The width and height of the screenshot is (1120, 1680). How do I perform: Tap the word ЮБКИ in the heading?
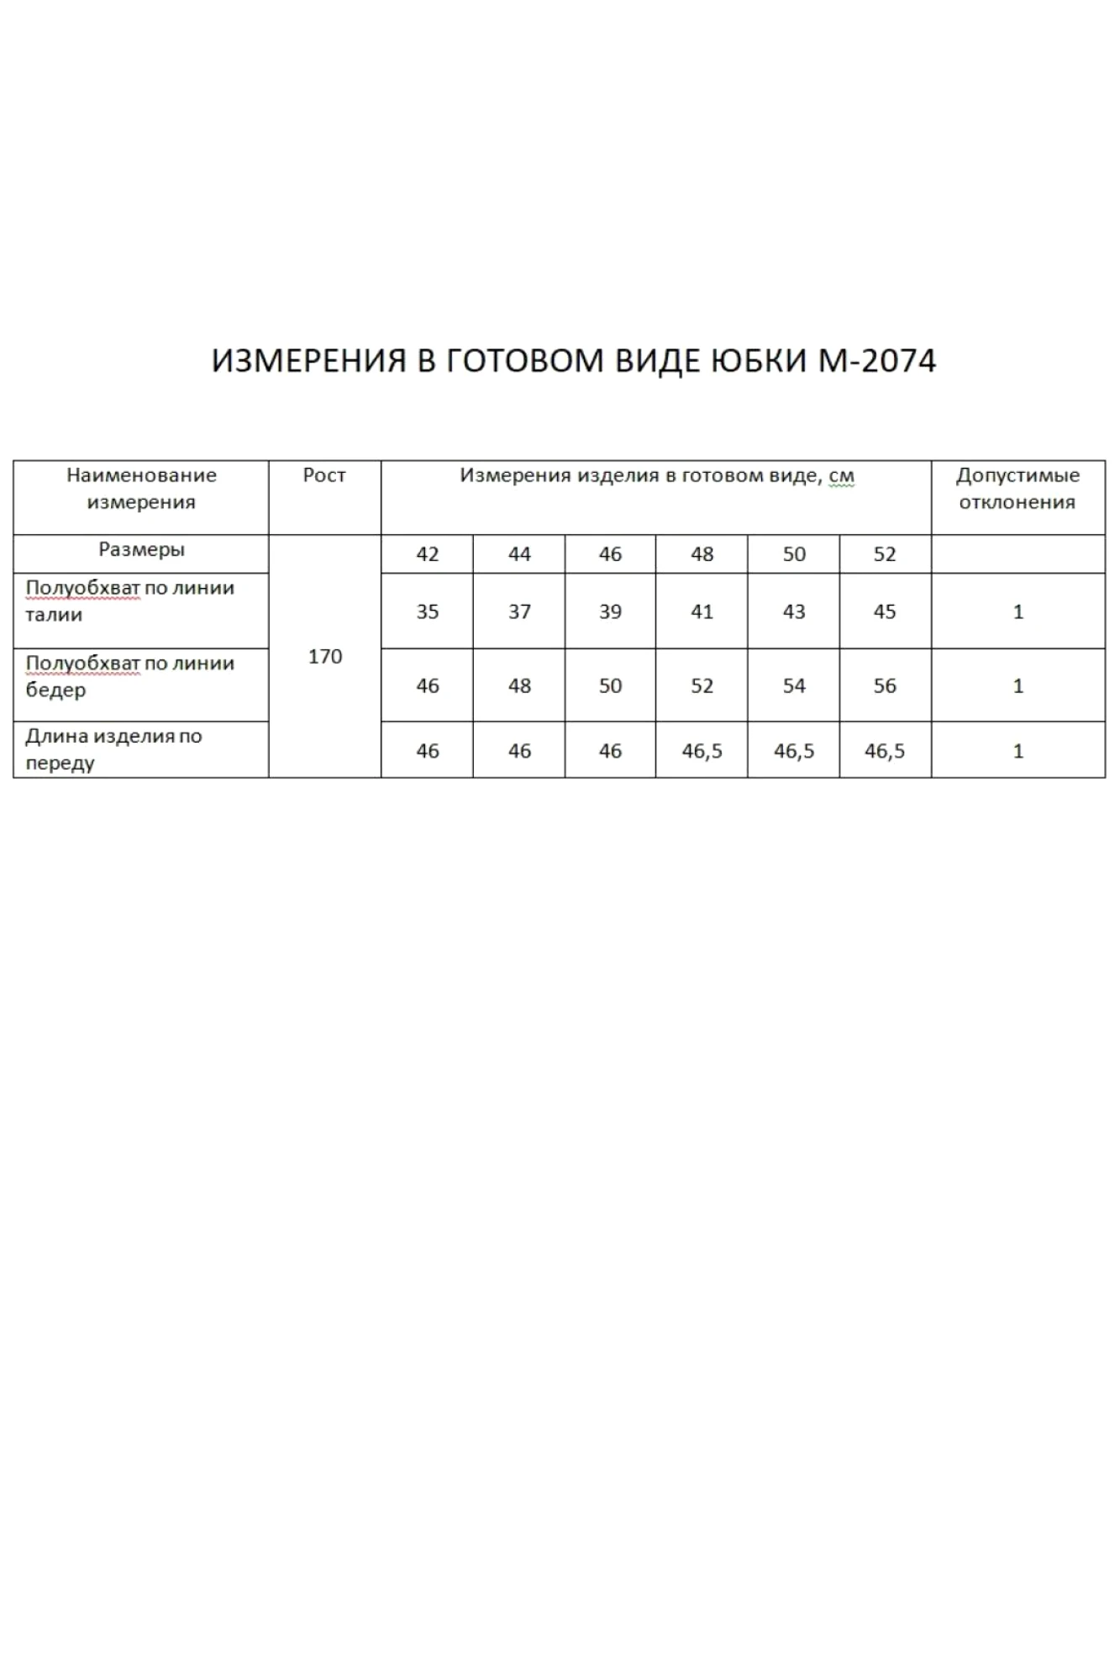click(756, 361)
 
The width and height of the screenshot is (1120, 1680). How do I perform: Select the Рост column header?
click(324, 475)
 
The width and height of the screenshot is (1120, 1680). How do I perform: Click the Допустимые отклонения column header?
click(1017, 489)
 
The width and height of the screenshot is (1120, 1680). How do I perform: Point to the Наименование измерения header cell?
click(141, 489)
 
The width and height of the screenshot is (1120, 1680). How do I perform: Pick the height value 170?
click(325, 657)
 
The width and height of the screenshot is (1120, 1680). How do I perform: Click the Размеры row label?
click(141, 550)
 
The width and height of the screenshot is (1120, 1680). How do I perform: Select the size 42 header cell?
click(428, 554)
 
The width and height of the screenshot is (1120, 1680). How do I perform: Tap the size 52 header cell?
click(885, 554)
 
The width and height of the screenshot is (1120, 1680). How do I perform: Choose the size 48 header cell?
click(702, 554)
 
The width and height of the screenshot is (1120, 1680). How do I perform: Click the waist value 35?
click(428, 612)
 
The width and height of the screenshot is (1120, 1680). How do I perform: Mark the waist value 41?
click(702, 612)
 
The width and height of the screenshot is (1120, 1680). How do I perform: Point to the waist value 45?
click(885, 612)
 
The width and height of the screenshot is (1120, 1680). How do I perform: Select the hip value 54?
click(794, 686)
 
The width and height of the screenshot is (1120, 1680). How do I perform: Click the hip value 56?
click(885, 686)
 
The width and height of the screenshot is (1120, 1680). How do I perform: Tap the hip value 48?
click(519, 686)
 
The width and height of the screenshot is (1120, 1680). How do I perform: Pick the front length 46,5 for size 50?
click(794, 751)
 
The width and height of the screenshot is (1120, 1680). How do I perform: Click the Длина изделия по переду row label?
click(113, 749)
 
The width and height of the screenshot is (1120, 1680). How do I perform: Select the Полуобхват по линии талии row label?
click(129, 601)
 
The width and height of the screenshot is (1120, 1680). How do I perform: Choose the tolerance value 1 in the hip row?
click(1018, 686)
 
